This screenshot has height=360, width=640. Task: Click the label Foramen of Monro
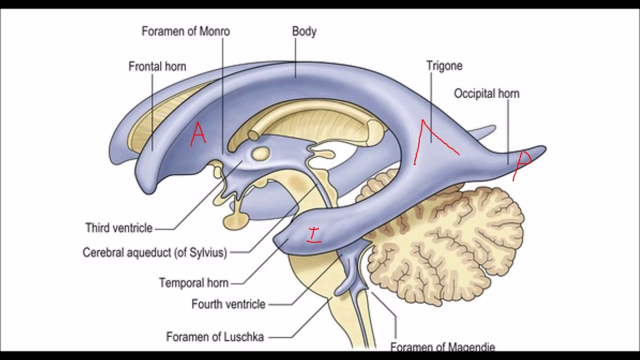point(185,31)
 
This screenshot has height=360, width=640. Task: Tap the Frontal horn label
point(157,66)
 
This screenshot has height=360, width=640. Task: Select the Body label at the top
point(304,31)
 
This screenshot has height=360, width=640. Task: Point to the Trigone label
point(444,65)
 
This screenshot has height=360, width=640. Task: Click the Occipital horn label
point(486,93)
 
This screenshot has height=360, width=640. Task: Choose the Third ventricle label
point(118,228)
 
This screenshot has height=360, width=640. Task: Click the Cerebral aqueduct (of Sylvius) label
point(154,252)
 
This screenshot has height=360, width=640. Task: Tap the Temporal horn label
point(193,283)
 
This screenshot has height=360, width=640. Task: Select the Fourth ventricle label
point(228,304)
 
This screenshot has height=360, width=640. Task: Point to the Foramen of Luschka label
point(215,337)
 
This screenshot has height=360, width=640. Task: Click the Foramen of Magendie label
point(442,346)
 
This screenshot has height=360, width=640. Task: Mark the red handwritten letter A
point(198,135)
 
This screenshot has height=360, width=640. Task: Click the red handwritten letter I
point(314,234)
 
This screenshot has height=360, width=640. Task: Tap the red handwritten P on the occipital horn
point(523,162)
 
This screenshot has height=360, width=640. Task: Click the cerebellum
point(450,235)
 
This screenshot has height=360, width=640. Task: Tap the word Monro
point(214,31)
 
